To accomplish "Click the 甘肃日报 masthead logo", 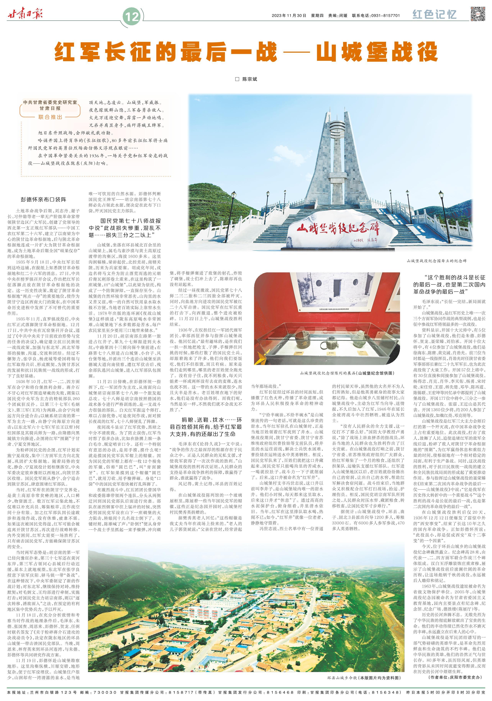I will [25, 14].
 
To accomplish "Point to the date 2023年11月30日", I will [289, 16].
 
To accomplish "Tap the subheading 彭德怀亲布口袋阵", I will [43, 199].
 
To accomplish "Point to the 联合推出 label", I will [50, 117].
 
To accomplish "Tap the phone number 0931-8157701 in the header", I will [385, 16].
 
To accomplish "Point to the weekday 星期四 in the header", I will [317, 16].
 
